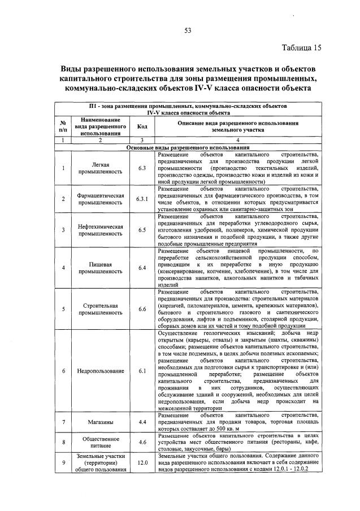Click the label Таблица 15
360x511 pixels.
coord(301,47)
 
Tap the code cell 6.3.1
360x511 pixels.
coord(142,199)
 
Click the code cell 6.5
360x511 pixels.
coord(142,230)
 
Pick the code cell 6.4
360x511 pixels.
coord(142,268)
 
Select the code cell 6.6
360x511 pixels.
coord(142,309)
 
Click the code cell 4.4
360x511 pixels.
coord(142,422)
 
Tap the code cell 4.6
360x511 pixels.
coord(142,442)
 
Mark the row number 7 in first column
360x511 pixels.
coord(64,422)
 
